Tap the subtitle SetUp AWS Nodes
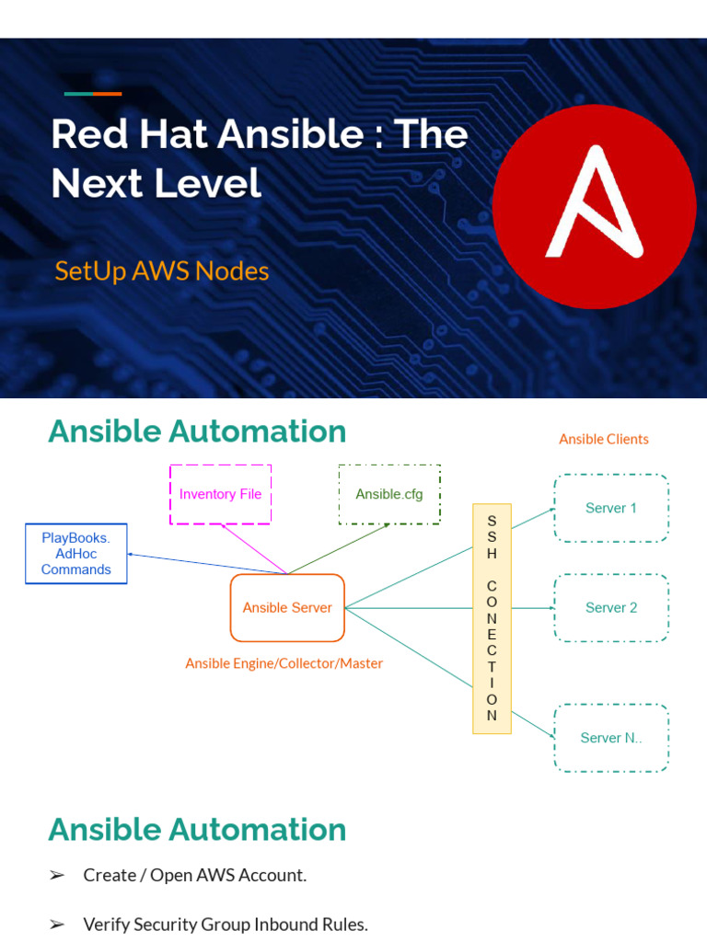point(162,271)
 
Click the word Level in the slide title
point(210,183)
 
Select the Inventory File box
point(220,494)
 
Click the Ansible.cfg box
point(389,494)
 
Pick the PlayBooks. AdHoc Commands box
point(75,554)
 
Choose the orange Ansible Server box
point(287,607)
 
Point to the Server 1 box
point(611,508)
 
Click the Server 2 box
point(611,607)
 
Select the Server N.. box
point(611,738)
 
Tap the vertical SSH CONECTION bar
point(492,618)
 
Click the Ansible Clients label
point(604,439)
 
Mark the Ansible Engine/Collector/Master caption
point(284,663)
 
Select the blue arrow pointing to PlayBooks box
point(203,563)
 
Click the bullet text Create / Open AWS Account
point(194,875)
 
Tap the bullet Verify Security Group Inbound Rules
point(226,925)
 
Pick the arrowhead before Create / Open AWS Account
point(57,876)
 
